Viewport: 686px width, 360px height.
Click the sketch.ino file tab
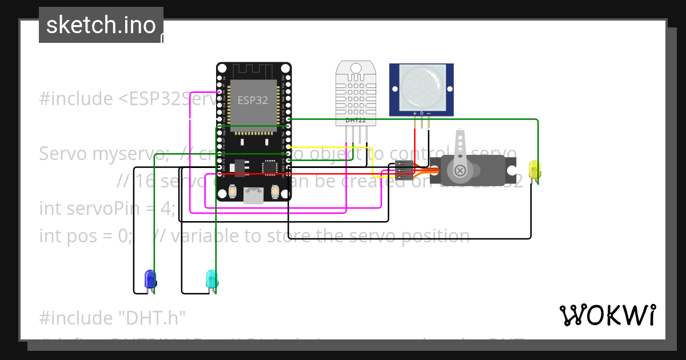tap(101, 25)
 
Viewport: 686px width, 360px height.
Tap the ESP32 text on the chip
tap(252, 101)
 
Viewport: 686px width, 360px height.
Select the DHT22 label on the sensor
tap(356, 121)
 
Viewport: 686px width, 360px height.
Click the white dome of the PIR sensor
tap(421, 86)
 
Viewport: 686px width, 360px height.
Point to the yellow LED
tap(535, 170)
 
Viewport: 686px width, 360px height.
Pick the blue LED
tap(150, 279)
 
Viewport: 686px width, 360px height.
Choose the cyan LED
tap(212, 279)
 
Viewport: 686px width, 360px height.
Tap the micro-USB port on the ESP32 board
tap(252, 195)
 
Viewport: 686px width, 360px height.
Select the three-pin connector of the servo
tap(404, 170)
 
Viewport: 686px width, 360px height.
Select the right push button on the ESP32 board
tap(275, 191)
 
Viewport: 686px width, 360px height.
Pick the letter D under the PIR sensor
tap(422, 113)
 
